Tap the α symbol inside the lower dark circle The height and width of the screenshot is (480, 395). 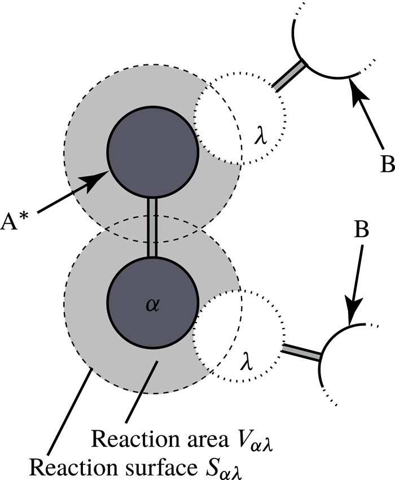click(152, 305)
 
